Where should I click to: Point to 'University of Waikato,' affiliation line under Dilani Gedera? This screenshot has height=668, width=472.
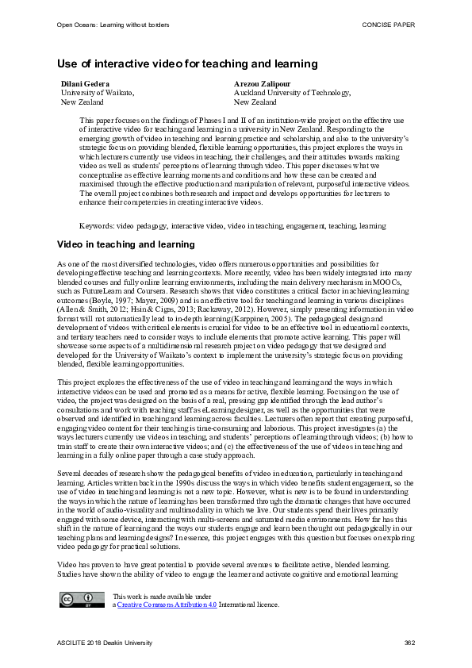point(98,93)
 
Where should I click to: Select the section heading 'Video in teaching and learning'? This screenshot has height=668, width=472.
point(126,244)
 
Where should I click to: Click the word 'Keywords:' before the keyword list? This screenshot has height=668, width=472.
point(96,226)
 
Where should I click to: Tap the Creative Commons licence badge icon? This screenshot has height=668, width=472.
point(76,600)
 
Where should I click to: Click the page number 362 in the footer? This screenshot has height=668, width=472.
point(409,643)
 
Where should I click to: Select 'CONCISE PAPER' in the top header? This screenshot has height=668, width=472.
point(389,25)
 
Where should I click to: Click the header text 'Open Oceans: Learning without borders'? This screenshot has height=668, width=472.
point(113,25)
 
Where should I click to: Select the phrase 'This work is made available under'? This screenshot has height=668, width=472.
point(162,596)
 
